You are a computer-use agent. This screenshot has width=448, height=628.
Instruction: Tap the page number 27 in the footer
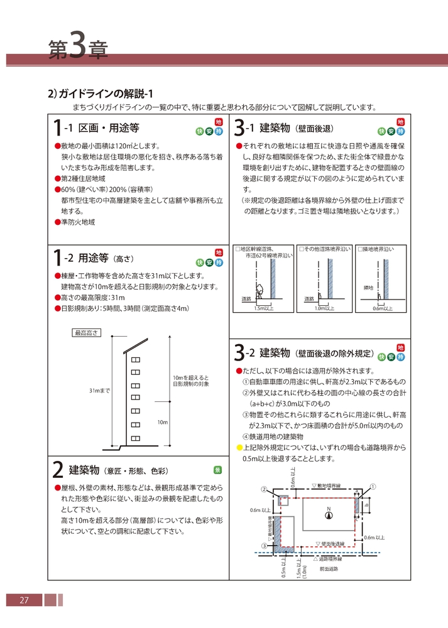point(25,600)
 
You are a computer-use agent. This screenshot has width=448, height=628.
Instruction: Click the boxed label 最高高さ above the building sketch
point(87,333)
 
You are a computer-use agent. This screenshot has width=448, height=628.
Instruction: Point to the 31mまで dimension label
point(99,391)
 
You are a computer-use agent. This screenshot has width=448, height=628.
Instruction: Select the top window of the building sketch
point(135,360)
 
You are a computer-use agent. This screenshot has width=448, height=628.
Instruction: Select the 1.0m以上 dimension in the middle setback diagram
point(324,308)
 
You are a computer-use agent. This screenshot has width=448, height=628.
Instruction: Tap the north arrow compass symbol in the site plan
point(327,515)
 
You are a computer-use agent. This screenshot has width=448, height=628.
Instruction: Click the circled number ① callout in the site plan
point(373,486)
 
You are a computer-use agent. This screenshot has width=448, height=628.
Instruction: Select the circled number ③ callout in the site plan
point(264,546)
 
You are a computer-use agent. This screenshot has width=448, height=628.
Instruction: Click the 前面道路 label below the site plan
point(328,569)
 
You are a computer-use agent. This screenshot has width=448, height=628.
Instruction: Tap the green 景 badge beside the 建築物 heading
point(217,469)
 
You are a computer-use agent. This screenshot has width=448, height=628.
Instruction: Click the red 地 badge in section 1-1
point(219,122)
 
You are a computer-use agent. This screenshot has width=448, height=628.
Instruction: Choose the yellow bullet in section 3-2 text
point(239,447)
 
